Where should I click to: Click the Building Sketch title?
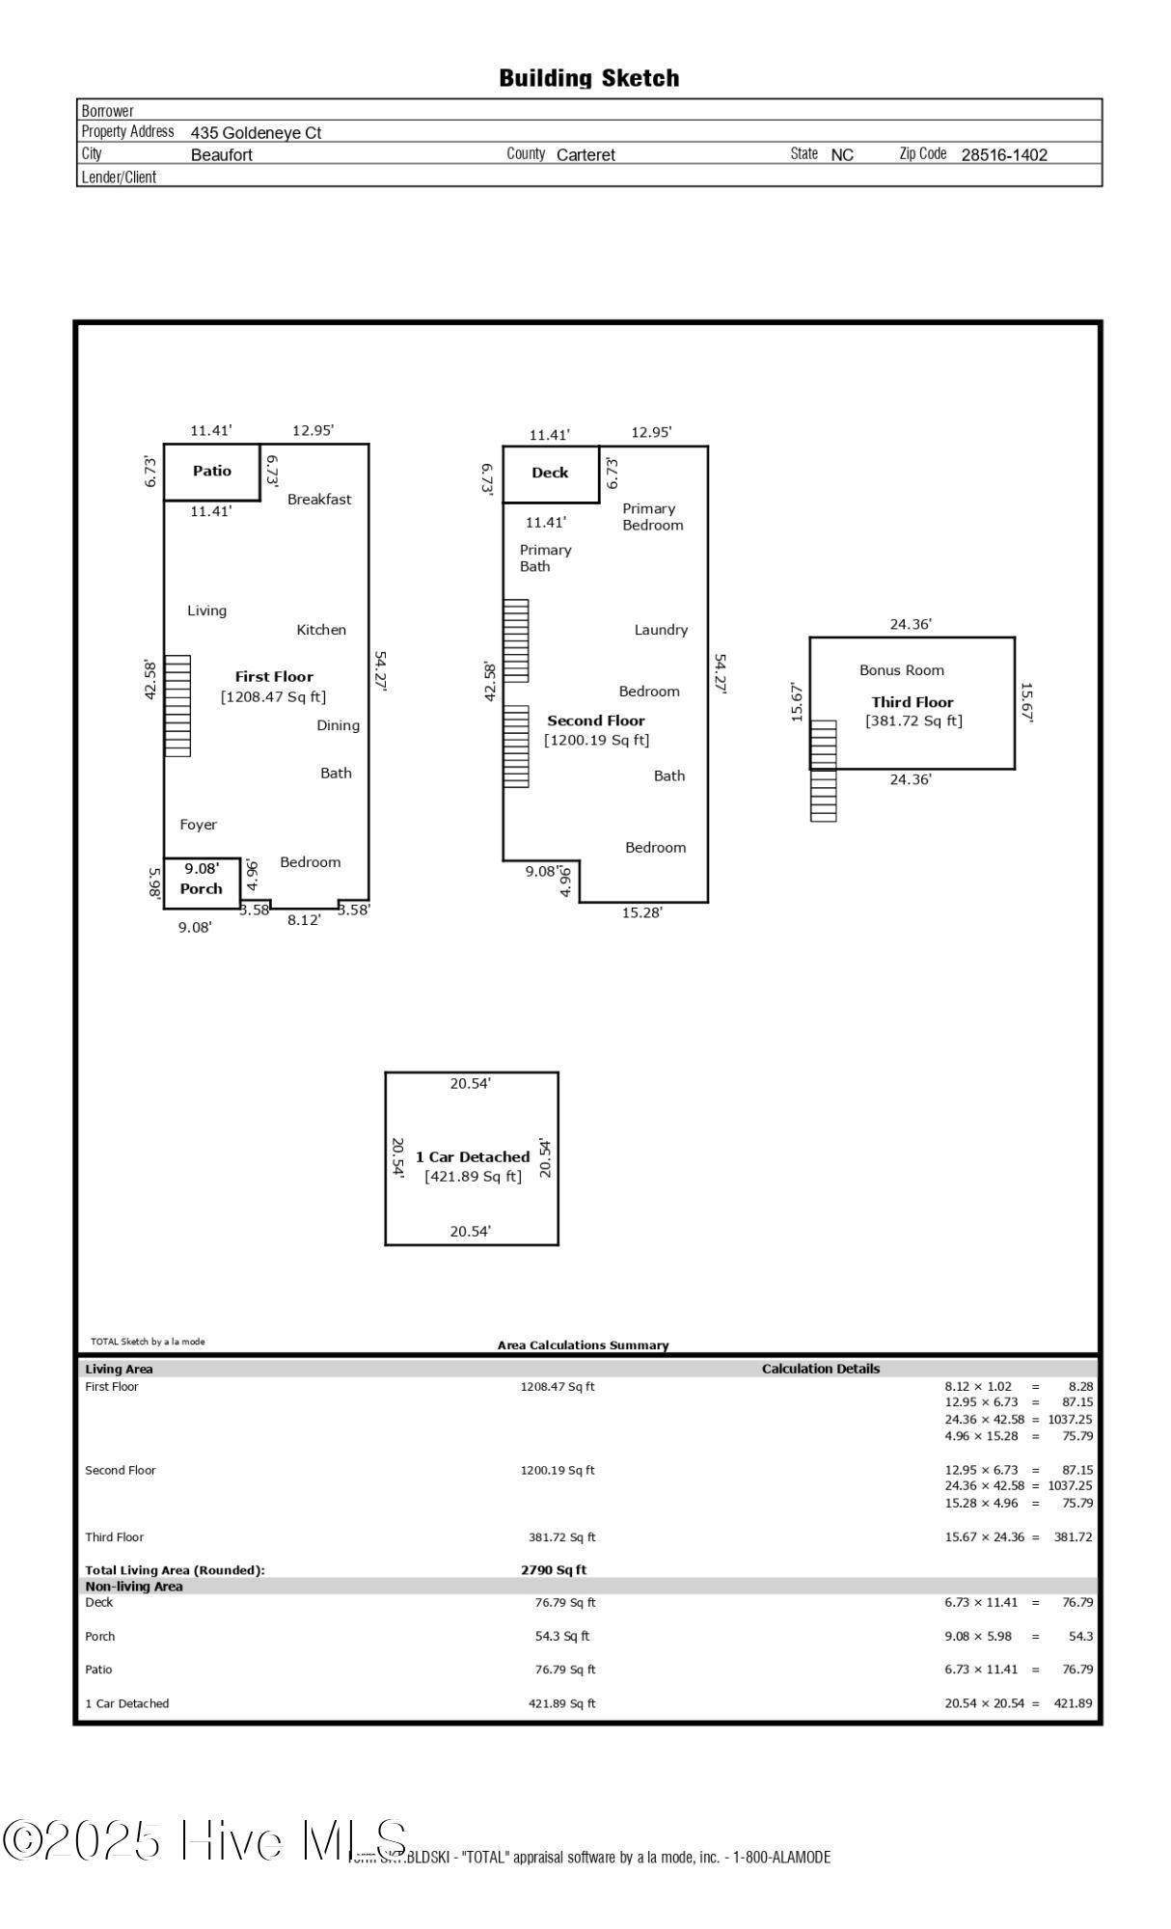(x=588, y=78)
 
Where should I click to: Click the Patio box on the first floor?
(x=211, y=472)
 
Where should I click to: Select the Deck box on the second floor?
(x=550, y=474)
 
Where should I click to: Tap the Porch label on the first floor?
(x=201, y=889)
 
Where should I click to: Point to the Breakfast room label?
(x=319, y=500)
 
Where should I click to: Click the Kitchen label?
(x=321, y=630)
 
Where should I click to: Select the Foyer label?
(x=199, y=825)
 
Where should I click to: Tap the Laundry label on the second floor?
(x=661, y=630)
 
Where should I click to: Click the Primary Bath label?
(x=545, y=558)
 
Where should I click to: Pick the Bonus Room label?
(x=902, y=670)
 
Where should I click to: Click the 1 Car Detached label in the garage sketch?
(x=473, y=1157)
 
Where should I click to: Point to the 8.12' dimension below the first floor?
(x=304, y=921)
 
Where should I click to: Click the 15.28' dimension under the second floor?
(x=641, y=912)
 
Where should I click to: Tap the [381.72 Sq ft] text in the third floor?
(x=913, y=721)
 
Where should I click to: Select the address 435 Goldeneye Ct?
(x=256, y=133)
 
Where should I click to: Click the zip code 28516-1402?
(x=1004, y=154)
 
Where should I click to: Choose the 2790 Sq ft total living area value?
(x=554, y=1570)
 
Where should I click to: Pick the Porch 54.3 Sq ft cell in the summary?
(x=561, y=1637)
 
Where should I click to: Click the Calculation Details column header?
(x=821, y=1369)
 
